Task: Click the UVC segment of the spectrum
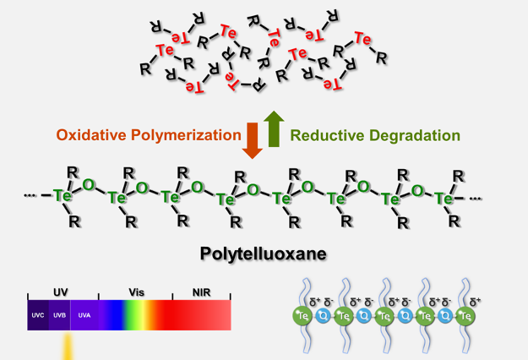[x=38, y=314]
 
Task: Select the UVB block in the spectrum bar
[x=60, y=314]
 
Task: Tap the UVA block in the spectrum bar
[x=84, y=314]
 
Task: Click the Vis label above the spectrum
[x=136, y=292]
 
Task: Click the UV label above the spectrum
[x=60, y=292]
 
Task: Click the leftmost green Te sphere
[x=302, y=316]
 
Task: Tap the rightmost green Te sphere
[x=465, y=316]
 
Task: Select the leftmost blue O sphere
[x=323, y=316]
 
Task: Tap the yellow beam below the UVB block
[x=62, y=346]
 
